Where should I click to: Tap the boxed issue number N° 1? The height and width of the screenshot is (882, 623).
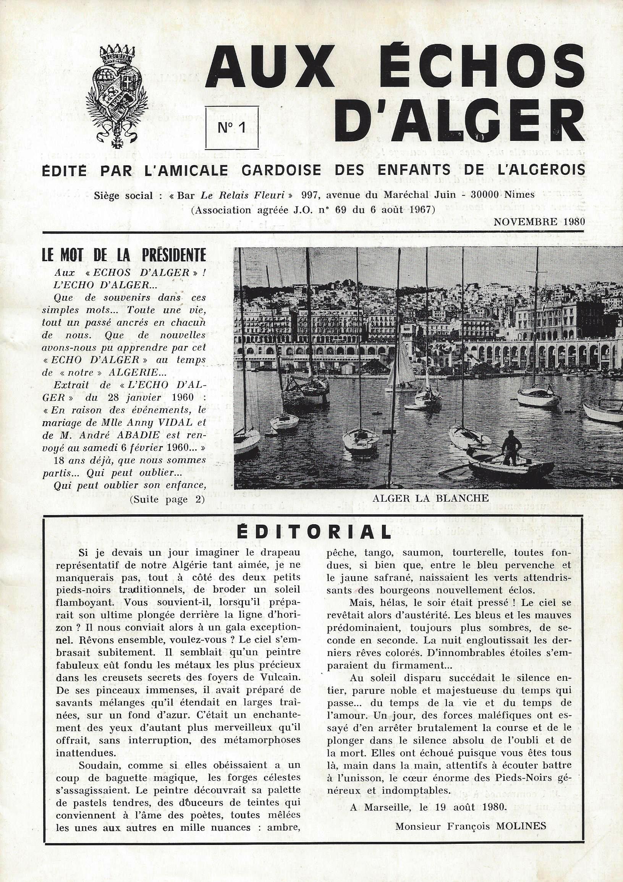(x=231, y=128)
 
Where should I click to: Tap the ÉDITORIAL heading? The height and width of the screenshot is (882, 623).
(x=313, y=532)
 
